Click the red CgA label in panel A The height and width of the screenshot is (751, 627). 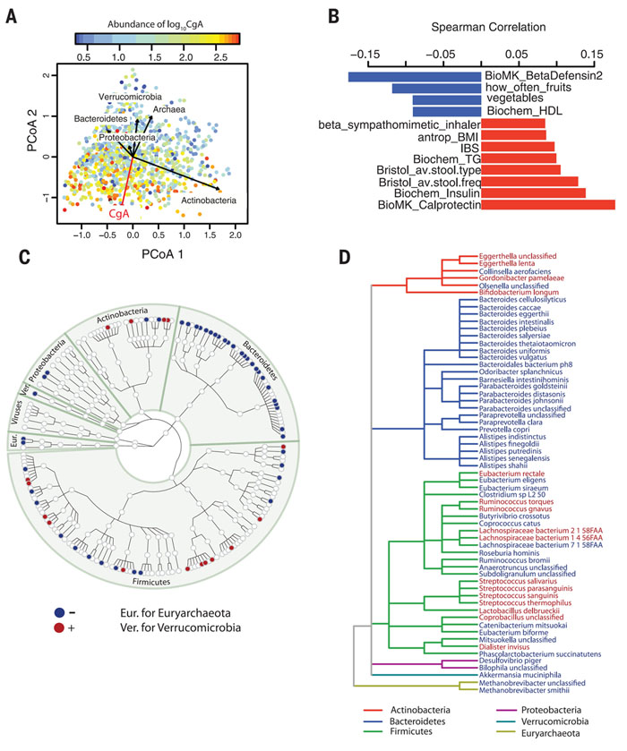coord(119,214)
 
